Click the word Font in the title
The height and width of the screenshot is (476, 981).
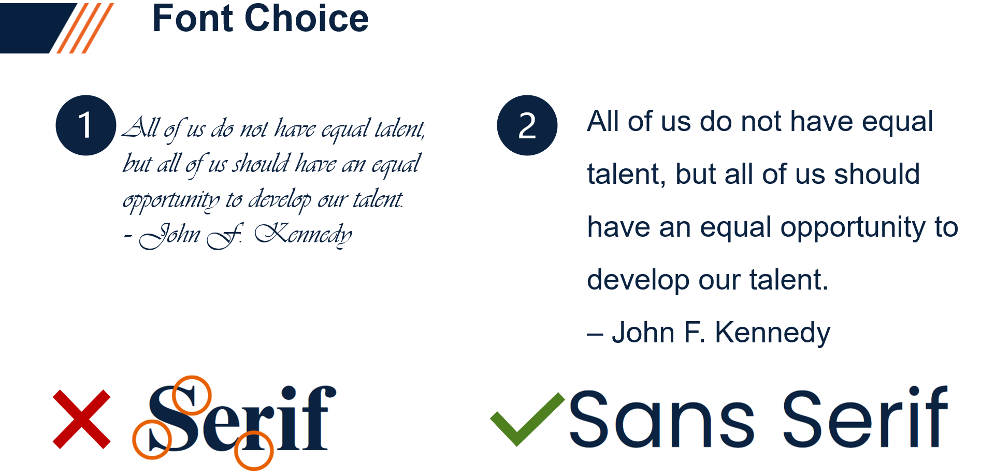pyautogui.click(x=193, y=19)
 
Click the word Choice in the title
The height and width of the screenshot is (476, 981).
pyautogui.click(x=307, y=19)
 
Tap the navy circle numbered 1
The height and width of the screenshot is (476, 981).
pyautogui.click(x=85, y=125)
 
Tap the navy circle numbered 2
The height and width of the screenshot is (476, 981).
pyautogui.click(x=527, y=125)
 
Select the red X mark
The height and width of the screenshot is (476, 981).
pyautogui.click(x=81, y=419)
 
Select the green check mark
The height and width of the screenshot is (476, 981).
pyautogui.click(x=527, y=419)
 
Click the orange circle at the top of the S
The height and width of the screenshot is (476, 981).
pyautogui.click(x=192, y=395)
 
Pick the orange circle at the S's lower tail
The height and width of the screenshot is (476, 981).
pyautogui.click(x=152, y=440)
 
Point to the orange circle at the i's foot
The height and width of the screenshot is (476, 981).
pyautogui.click(x=254, y=451)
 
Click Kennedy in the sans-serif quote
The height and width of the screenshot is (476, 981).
pyautogui.click(x=772, y=333)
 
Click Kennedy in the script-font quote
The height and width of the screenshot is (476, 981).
pyautogui.click(x=304, y=234)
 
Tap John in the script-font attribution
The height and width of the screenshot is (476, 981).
pyautogui.click(x=170, y=235)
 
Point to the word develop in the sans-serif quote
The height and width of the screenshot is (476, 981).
pyautogui.click(x=638, y=280)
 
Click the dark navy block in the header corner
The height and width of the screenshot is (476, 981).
pyautogui.click(x=36, y=28)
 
